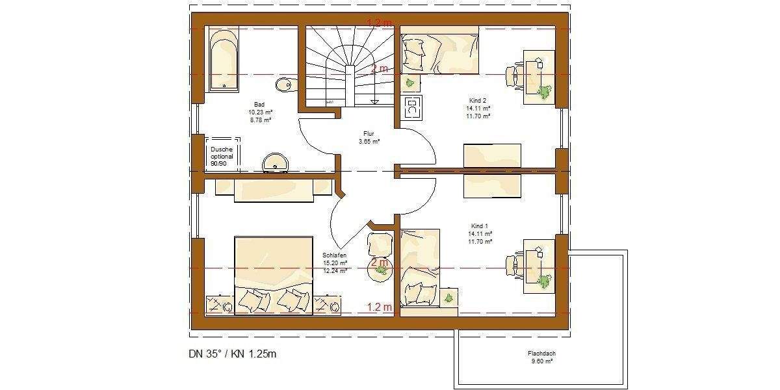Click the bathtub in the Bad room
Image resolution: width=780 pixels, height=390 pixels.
224,58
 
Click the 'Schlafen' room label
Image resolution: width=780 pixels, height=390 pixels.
335,259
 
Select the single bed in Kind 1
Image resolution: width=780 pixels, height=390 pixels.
420,266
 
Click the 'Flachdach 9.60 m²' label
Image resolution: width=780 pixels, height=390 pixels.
541,357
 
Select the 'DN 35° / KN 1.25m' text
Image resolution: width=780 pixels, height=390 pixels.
232,354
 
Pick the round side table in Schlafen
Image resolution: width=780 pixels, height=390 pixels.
380,270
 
